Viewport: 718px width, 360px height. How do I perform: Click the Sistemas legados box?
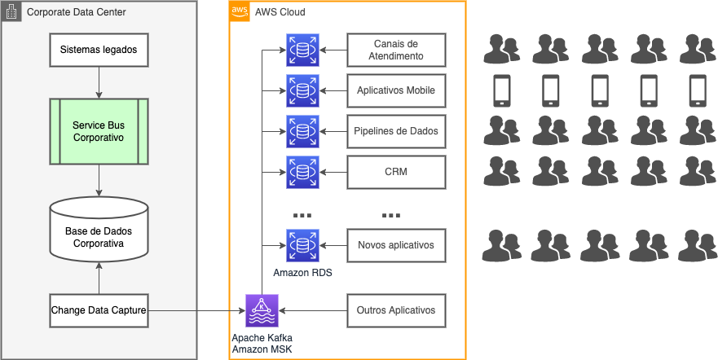click(x=98, y=50)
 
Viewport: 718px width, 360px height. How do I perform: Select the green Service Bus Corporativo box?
click(x=98, y=131)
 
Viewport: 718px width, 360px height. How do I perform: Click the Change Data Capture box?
click(x=98, y=310)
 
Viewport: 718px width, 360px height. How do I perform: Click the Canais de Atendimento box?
click(x=396, y=50)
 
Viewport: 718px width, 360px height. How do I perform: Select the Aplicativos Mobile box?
click(x=396, y=90)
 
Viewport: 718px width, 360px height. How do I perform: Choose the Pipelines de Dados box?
click(x=396, y=131)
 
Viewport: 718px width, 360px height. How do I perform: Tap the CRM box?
click(x=396, y=172)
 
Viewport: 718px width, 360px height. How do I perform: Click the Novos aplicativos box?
click(x=396, y=245)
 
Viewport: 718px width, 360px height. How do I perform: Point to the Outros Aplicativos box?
click(x=396, y=310)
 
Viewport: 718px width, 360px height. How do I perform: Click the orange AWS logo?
click(x=240, y=11)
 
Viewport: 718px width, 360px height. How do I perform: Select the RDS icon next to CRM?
click(x=302, y=172)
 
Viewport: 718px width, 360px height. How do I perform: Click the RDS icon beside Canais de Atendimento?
click(x=302, y=50)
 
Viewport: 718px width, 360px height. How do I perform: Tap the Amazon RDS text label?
click(x=302, y=273)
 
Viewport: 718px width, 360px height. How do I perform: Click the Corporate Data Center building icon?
click(x=12, y=12)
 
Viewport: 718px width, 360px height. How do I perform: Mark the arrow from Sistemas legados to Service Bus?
click(x=98, y=82)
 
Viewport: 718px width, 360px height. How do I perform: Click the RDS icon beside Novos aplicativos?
click(x=302, y=245)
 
